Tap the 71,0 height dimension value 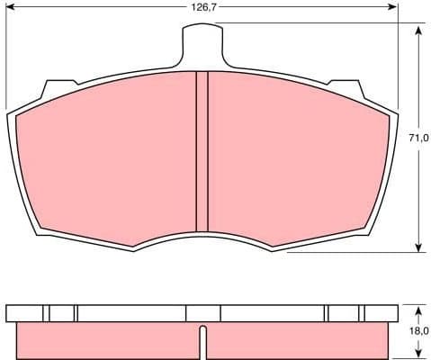click(418, 138)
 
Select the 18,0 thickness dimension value click(418, 330)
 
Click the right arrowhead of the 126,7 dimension click(393, 7)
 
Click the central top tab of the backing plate click(202, 41)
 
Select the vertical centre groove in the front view click(202, 153)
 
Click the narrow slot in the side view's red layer click(202, 343)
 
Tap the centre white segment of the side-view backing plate click(202, 312)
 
